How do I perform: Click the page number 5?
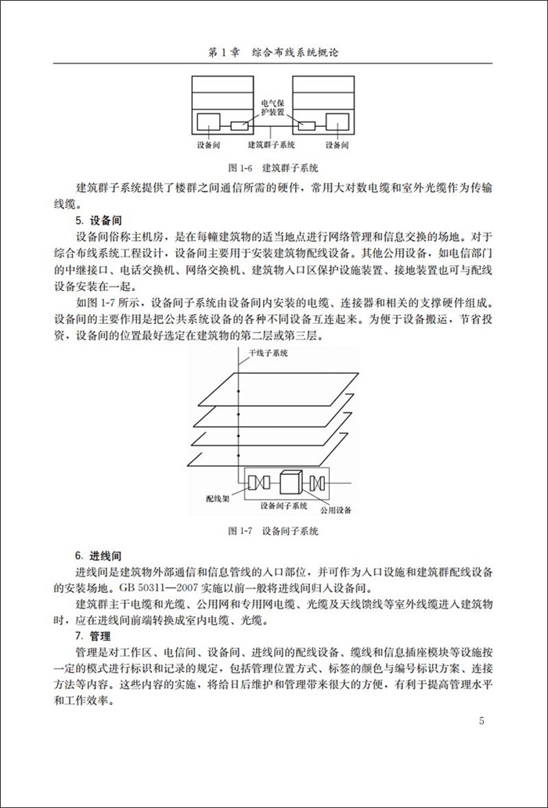pos(482,721)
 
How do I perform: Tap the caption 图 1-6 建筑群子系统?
pos(273,167)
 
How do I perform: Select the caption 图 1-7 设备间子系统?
pos(273,531)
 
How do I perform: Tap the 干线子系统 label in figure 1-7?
pos(269,354)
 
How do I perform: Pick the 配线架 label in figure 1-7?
pos(218,497)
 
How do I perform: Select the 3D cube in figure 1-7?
pos(290,482)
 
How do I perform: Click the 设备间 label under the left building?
pos(211,145)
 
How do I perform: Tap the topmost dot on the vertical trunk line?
pos(237,378)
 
